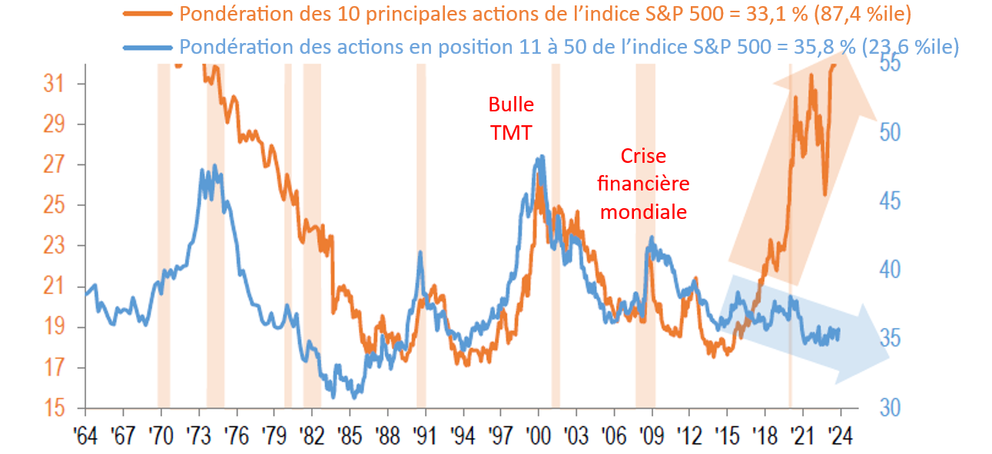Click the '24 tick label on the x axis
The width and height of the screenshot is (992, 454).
pos(841,435)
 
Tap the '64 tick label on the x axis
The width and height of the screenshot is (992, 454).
pos(85,435)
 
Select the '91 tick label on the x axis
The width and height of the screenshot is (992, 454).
pos(425,435)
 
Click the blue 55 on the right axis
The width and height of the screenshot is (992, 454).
pos(891,65)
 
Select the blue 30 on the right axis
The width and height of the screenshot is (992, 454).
pos(891,408)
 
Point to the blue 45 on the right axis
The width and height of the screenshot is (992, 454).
pos(891,202)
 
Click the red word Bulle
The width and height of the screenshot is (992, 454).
pos(511,104)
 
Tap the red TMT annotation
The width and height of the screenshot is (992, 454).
pos(511,132)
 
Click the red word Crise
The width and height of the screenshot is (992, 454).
pos(643,156)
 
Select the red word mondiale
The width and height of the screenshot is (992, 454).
pos(643,212)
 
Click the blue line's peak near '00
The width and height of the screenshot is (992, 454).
pos(542,157)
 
